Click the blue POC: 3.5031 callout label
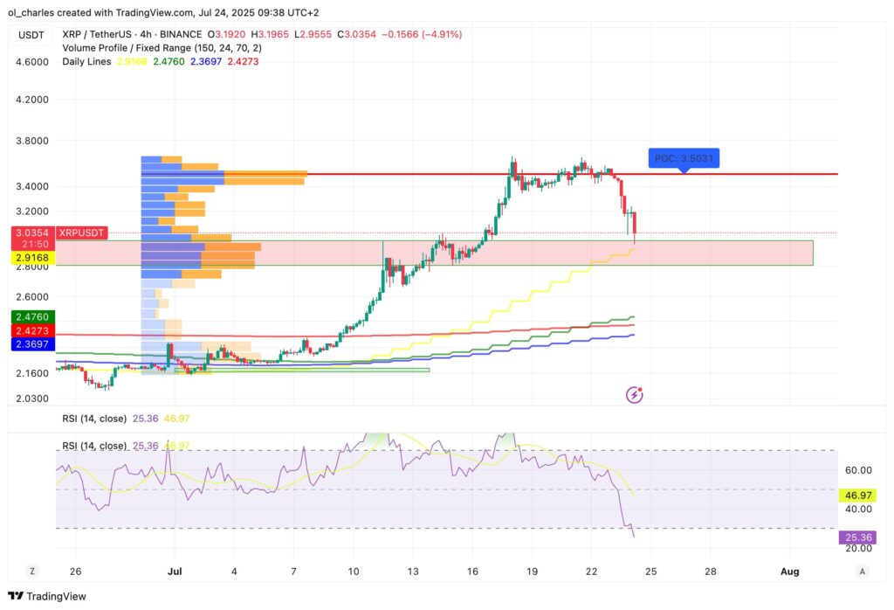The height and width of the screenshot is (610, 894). pos(684,158)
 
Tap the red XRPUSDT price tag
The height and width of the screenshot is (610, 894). pos(81,232)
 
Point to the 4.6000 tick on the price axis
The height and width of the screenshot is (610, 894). pos(31,62)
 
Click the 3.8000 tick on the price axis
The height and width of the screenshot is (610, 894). pos(31,141)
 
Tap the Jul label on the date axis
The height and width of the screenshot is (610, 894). pos(173,571)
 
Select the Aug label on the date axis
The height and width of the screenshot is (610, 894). pos(789,571)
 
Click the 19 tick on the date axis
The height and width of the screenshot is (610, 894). pos(531,571)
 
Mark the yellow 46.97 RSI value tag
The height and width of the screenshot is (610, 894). pos(856,496)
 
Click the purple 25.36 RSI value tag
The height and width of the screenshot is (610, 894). pos(856,537)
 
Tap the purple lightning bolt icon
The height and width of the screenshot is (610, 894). pos(635,395)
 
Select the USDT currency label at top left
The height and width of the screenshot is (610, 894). pos(31,34)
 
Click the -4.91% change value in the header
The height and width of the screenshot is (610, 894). pos(442,34)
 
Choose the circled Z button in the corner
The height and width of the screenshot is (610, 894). pos(31,571)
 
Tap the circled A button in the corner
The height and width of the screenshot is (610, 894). pos(863,571)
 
